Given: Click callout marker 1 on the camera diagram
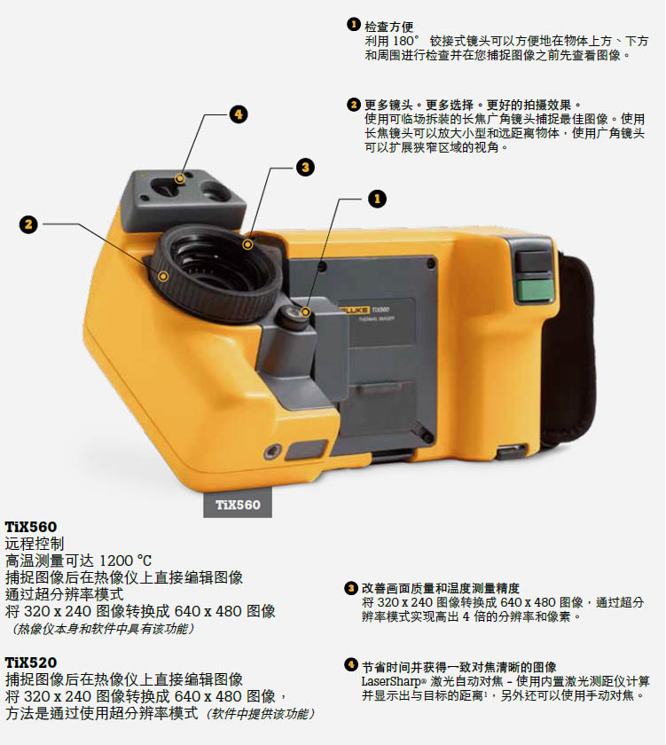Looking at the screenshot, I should [377, 199].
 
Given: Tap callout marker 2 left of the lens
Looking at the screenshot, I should [28, 224].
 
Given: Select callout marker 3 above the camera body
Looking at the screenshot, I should [303, 167].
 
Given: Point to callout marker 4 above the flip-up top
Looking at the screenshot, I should [238, 114].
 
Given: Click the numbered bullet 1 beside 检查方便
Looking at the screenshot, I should [354, 27].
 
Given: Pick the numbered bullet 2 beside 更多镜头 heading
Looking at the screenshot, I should [354, 105].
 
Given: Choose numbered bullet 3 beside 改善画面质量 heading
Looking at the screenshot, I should [351, 588].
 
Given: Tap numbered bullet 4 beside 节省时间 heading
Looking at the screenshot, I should [351, 666].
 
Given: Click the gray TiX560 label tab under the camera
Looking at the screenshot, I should [238, 506].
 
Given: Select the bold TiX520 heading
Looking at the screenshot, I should [31, 663].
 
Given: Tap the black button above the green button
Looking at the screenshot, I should [534, 261].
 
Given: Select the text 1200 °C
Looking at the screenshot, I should [125, 561].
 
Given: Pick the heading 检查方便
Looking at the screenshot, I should [389, 27].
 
